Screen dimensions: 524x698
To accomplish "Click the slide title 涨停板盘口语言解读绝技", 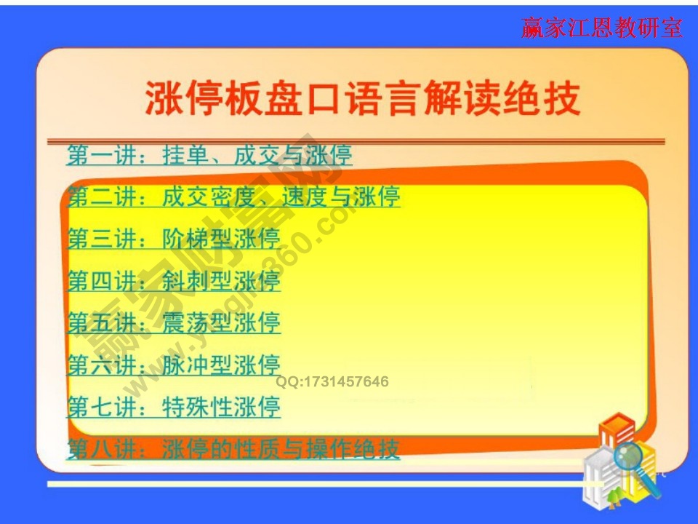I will point(362,99).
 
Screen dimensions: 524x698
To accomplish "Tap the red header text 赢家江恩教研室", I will point(602,28).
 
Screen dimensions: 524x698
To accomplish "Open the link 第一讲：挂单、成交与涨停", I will point(209,155).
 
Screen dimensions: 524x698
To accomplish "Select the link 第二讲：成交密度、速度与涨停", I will point(233,196).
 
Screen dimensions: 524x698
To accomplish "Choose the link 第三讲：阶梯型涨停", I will point(174,239).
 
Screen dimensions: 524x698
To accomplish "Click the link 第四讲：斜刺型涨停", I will point(174,280).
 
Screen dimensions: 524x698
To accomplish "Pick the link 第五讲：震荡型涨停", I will point(174,322).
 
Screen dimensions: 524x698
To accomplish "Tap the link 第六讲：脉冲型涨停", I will point(174,364).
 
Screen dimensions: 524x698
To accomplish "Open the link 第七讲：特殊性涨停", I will point(174,406).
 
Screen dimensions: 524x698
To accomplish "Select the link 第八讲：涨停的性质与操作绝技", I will point(233,448).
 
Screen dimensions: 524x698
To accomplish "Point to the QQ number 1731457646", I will point(332,381).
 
